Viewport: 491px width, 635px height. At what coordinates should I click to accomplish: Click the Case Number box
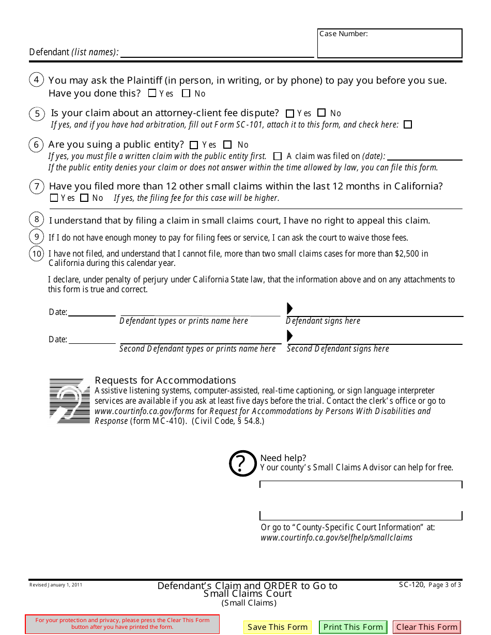[389, 43]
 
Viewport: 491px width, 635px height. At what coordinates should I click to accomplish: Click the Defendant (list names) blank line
[217, 52]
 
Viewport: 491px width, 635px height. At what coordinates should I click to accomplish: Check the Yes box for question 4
[152, 93]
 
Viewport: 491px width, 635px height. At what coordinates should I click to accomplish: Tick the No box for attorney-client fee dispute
[321, 113]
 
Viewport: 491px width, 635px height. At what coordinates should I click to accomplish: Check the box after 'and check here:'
[408, 124]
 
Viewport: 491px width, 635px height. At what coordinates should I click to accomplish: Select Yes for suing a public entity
[194, 145]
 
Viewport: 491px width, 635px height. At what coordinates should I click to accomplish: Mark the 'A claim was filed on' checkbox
[278, 156]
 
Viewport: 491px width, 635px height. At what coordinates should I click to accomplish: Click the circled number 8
[37, 219]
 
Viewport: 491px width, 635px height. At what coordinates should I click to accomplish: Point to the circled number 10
[37, 253]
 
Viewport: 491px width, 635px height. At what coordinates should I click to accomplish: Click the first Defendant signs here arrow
[290, 309]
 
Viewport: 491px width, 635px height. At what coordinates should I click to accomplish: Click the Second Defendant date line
[92, 339]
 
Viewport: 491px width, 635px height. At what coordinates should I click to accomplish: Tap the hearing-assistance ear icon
[69, 401]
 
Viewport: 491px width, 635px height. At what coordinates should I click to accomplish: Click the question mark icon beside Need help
[242, 463]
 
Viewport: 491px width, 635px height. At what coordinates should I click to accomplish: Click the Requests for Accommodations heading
[165, 380]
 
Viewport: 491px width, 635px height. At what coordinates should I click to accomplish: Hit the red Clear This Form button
[426, 627]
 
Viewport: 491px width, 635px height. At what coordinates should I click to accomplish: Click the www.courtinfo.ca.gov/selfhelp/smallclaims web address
[336, 537]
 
